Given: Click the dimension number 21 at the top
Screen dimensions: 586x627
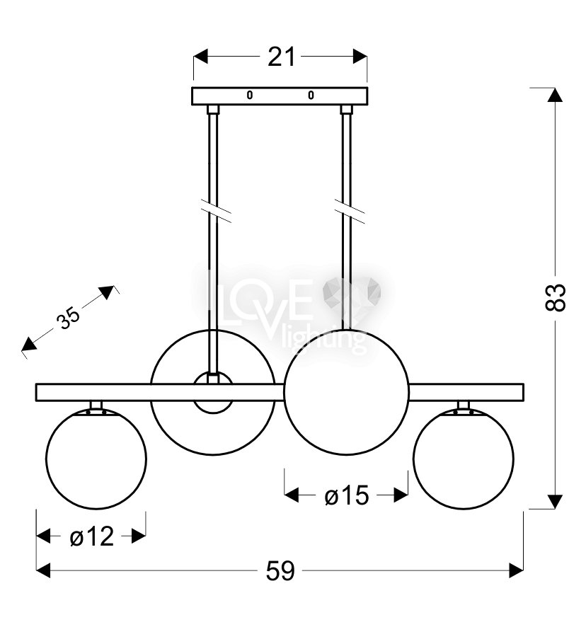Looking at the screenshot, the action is click(281, 57).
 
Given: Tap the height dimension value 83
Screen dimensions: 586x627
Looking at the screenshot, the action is click(555, 297).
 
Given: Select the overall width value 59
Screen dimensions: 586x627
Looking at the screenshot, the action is click(280, 570).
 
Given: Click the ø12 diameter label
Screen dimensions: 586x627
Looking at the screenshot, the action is click(91, 536).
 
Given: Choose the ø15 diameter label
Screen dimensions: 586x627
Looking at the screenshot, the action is click(346, 496).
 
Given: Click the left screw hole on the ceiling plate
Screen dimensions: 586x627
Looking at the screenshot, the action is click(250, 95).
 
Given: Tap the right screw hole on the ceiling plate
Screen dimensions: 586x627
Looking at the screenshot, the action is click(311, 95).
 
